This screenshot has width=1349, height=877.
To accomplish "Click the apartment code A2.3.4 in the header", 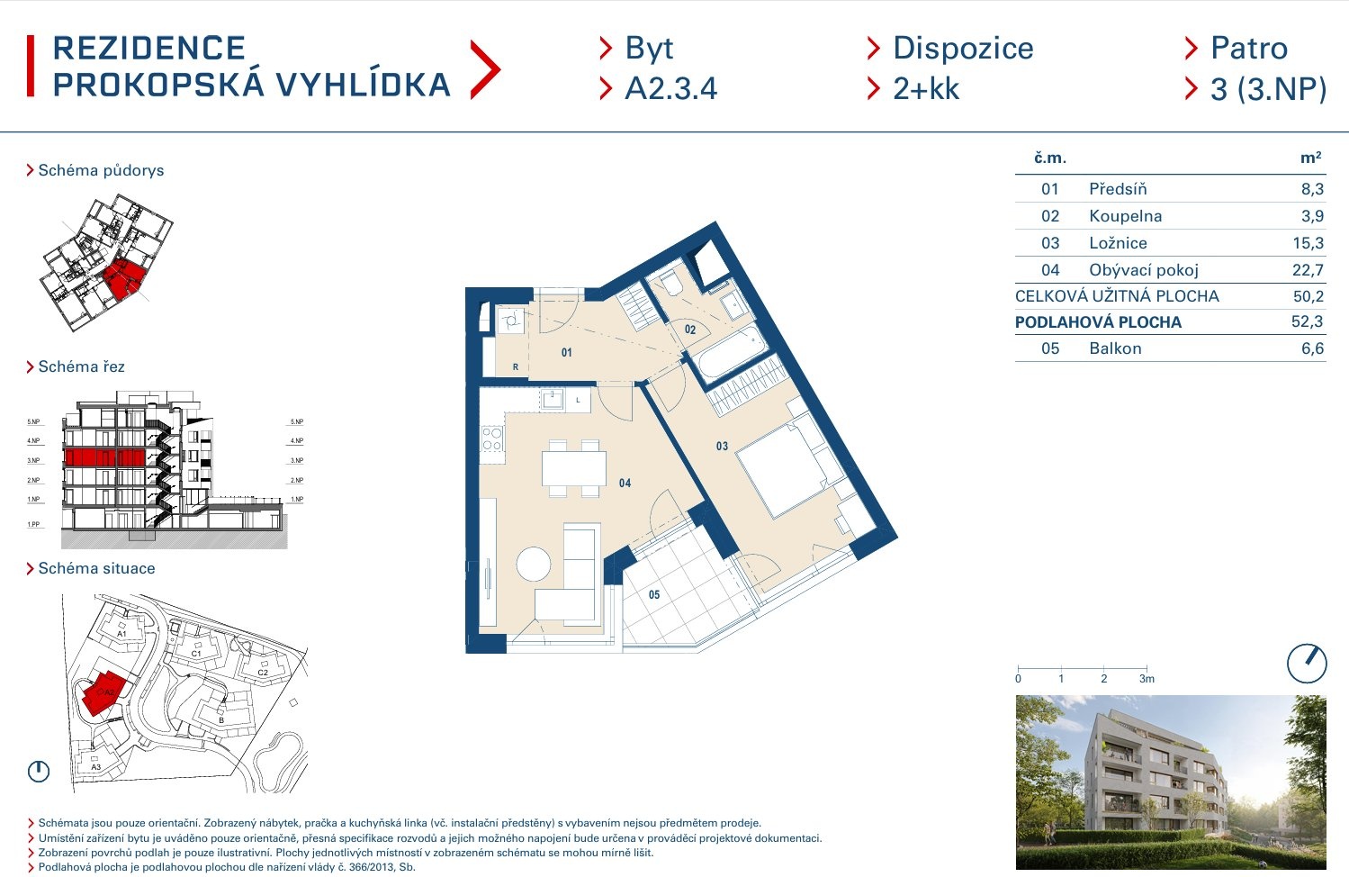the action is point(670,88).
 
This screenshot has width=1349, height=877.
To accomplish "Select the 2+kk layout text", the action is point(926,88).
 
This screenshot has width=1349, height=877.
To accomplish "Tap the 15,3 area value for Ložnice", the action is point(1308,243).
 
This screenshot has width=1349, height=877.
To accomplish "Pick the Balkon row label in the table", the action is point(1115,348).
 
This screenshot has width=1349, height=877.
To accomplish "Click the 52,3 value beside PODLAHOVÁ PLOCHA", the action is point(1307,321).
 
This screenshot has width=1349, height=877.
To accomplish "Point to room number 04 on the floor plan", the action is point(625,483).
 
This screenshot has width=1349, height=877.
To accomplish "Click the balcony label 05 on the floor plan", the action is point(654,595).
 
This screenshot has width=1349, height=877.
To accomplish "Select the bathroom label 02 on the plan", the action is point(690,330).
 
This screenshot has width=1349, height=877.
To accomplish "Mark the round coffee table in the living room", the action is point(534,564).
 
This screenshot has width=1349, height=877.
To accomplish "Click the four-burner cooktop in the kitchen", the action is point(492,438).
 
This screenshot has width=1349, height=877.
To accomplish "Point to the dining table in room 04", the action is point(574,468).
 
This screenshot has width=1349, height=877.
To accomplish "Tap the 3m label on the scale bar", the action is point(1147,679).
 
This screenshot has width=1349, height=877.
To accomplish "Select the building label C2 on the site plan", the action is point(263,672).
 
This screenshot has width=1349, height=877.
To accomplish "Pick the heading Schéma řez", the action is point(81,366).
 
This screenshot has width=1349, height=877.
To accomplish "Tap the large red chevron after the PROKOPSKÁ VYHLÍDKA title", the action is point(485,70).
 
